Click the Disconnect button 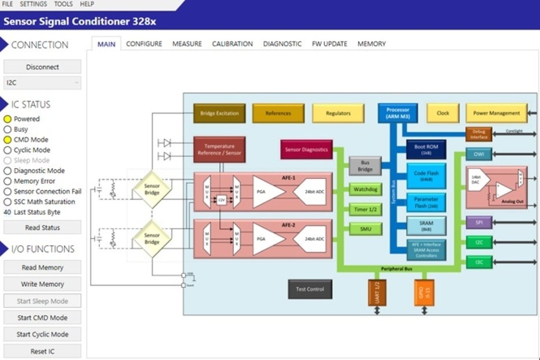(x=42, y=67)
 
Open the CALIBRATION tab (x=232, y=44)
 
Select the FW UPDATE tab (x=329, y=44)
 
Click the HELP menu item (x=87, y=4)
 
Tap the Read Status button (x=42, y=228)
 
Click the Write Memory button (x=42, y=284)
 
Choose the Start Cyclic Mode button (x=42, y=334)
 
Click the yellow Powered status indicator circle (x=7, y=119)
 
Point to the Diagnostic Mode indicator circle (x=7, y=171)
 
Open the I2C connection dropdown (x=42, y=83)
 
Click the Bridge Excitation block (x=219, y=114)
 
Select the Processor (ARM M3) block (x=398, y=113)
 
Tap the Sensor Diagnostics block (x=307, y=150)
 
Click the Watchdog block (x=365, y=189)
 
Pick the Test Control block (x=310, y=289)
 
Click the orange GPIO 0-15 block (x=424, y=292)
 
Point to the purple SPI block (x=479, y=223)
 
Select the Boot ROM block (x=426, y=149)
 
